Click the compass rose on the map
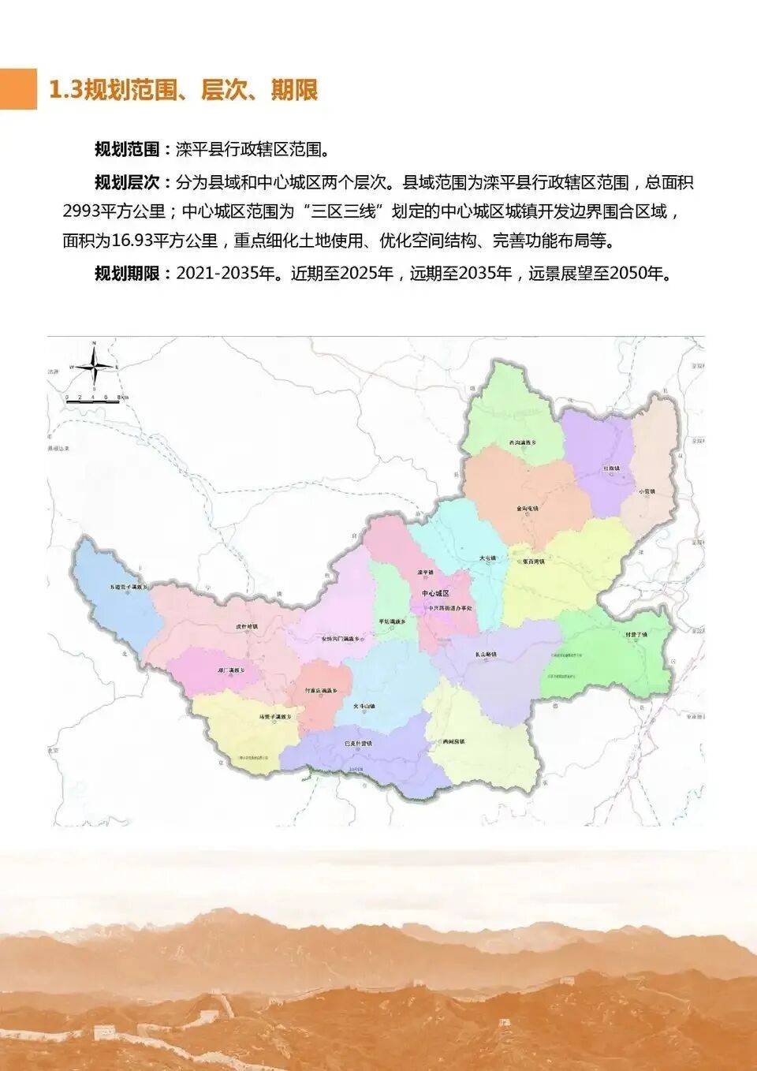pyautogui.click(x=93, y=365)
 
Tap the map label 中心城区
pyautogui.click(x=434, y=593)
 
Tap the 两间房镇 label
pyautogui.click(x=455, y=742)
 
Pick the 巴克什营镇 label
pyautogui.click(x=359, y=743)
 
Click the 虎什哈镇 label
pyautogui.click(x=247, y=627)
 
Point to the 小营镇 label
pyautogui.click(x=647, y=491)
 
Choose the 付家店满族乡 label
pyautogui.click(x=321, y=690)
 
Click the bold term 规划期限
pyautogui.click(x=126, y=274)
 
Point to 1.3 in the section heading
pyautogui.click(x=65, y=90)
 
